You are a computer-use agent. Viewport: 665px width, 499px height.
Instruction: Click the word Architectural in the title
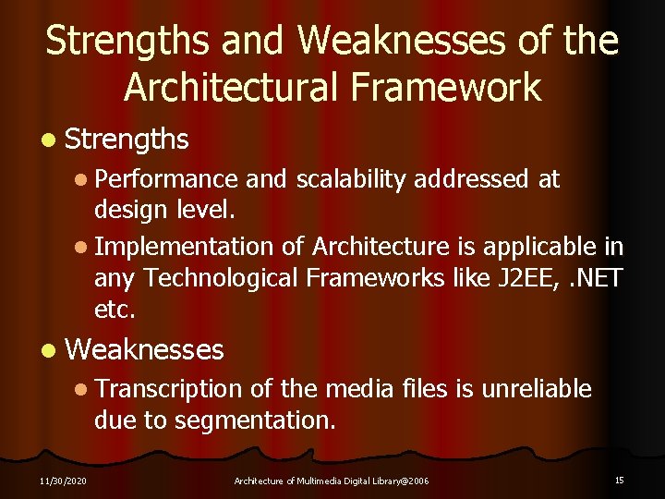(x=233, y=87)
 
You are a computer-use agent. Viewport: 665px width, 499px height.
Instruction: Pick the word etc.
(x=115, y=309)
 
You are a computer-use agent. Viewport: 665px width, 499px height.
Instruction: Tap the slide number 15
(x=619, y=480)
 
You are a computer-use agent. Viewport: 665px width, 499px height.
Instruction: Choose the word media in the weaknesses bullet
(x=364, y=389)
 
